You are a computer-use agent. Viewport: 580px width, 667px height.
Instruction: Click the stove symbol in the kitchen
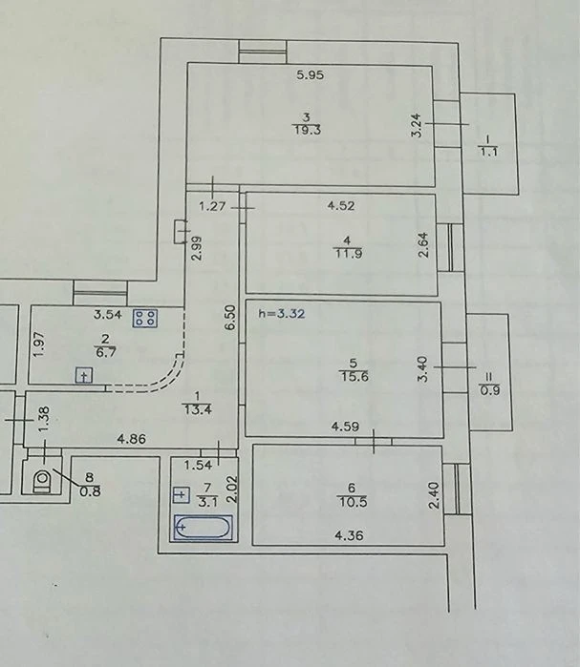pos(145,318)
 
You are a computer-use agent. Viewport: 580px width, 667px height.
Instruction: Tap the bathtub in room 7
pos(204,528)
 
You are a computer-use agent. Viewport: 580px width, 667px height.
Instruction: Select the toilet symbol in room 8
pos(43,480)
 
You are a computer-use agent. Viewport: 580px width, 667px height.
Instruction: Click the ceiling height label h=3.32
pos(282,314)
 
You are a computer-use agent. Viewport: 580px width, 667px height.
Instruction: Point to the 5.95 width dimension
pos(310,75)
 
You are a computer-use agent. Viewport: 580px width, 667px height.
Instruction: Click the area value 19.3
pos(307,130)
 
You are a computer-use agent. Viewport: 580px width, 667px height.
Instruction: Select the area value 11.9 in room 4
pos(348,254)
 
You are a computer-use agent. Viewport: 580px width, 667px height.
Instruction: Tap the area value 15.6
pos(354,376)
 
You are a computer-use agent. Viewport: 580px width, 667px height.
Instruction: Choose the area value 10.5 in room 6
pos(353,502)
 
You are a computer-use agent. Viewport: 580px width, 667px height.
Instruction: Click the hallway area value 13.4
pos(197,409)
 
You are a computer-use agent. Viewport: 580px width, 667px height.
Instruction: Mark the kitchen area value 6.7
pos(105,352)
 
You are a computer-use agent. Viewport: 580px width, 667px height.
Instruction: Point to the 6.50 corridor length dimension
pos(230,318)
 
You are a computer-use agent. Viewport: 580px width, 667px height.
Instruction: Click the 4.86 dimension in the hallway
pos(132,439)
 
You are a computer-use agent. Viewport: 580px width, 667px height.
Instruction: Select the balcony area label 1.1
pos(489,152)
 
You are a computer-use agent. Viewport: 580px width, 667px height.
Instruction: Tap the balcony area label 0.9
pos(490,390)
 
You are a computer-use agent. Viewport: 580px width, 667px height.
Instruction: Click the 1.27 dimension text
pos(212,206)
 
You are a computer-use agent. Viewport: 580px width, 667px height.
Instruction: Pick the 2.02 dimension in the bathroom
pos(233,490)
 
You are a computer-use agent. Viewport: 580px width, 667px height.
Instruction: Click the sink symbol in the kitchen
pos(84,376)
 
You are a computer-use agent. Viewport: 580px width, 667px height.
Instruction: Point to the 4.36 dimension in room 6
pos(349,535)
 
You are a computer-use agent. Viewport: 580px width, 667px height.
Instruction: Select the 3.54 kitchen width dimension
pos(108,315)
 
